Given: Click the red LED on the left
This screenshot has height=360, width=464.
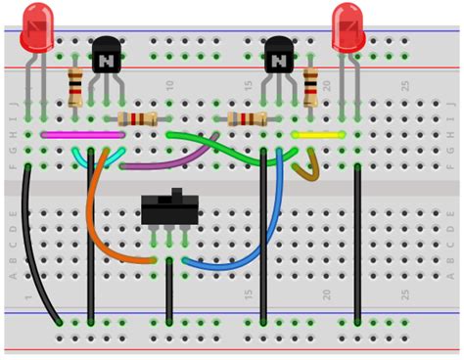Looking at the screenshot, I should (37, 26).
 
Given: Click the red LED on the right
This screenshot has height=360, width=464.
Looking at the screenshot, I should (348, 26).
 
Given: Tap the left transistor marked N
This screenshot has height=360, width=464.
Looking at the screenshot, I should (106, 58).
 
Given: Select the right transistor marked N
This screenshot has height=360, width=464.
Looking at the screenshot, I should (279, 58).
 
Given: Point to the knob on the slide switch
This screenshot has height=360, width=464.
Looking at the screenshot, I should (177, 193).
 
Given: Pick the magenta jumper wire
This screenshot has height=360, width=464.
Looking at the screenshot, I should (69, 135).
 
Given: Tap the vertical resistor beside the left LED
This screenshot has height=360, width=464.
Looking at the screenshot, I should (75, 88).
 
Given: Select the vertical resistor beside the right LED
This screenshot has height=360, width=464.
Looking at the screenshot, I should (310, 88).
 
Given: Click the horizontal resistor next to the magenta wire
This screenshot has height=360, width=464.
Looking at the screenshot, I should (137, 119).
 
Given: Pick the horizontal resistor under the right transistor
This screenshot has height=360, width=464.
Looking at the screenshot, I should (247, 119).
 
